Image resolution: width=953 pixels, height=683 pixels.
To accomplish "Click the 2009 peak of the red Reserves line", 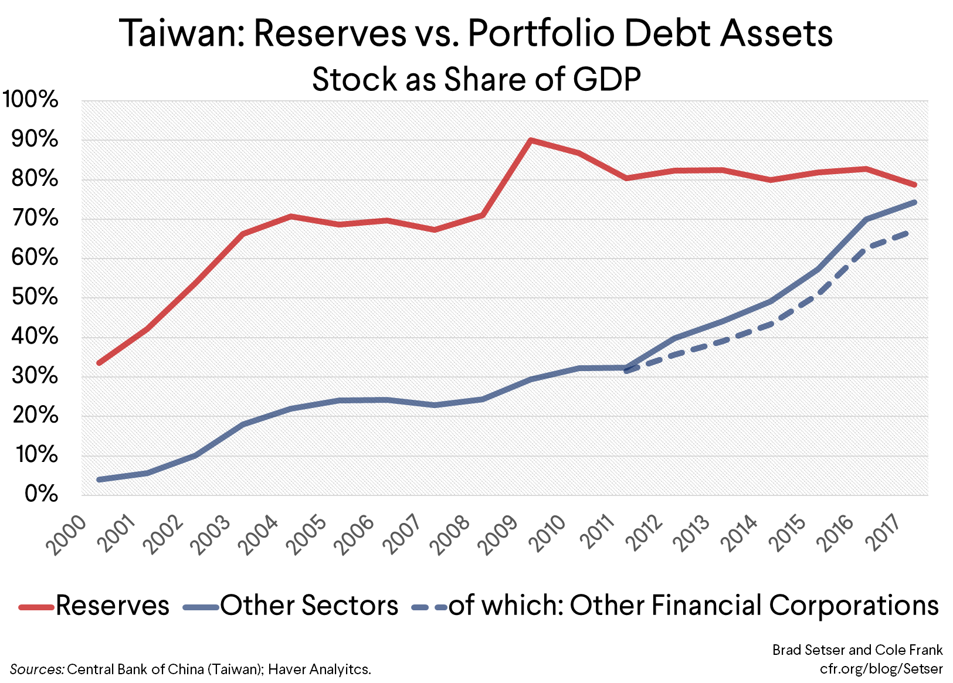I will tap(530, 140).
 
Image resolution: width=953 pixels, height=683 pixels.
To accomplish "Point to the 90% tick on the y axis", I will tap(34, 140).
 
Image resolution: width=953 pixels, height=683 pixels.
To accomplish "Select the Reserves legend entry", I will tap(94, 605).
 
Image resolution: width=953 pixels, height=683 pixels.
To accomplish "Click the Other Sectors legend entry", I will tap(291, 605).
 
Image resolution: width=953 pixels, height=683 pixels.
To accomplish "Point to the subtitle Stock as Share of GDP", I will tap(476, 79).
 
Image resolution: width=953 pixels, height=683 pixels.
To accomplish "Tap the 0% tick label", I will tap(41, 494).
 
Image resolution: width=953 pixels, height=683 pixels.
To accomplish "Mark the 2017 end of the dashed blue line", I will tap(908, 233).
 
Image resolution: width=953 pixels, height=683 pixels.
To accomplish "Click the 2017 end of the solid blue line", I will tap(914, 202).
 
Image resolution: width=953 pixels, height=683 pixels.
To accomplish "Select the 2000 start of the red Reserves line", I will tap(99, 363).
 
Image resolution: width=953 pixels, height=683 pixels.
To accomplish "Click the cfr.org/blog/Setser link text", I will tap(881, 668).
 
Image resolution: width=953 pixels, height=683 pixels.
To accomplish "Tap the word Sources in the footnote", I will tap(36, 669).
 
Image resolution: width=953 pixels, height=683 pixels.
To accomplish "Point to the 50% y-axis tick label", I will tap(34, 297).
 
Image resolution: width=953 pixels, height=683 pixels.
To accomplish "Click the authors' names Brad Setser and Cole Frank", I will tap(857, 650).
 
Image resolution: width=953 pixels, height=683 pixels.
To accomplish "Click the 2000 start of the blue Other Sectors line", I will tap(99, 480).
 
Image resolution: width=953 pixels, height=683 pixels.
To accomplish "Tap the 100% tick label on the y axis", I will tap(30, 100).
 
